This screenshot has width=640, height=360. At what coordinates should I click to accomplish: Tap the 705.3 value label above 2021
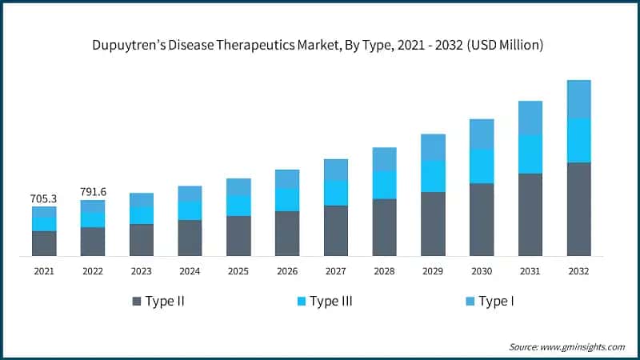pos(44,198)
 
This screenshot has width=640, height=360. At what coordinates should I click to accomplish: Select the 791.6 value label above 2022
pos(93,191)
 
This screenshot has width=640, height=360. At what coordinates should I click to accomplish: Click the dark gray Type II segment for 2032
pos(578,209)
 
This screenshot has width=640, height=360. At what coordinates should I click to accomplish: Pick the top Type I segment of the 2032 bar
pos(578,99)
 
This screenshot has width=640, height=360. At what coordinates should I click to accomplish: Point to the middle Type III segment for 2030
pos(482,166)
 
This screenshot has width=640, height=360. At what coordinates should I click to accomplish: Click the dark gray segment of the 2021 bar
pos(44,243)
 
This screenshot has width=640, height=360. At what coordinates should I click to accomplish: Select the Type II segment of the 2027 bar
pos(336,230)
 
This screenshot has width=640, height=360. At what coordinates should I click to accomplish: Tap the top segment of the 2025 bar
pos(238,187)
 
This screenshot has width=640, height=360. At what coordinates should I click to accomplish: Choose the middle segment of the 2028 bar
pos(384,185)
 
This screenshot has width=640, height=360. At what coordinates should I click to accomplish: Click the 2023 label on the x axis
pos(142,271)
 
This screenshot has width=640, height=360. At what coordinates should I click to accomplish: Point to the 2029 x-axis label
pos(433,271)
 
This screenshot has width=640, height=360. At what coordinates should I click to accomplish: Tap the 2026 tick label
pos(287,271)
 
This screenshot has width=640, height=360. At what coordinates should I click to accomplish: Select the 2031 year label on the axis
pos(530,271)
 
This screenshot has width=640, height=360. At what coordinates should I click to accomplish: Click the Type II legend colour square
pos(137,302)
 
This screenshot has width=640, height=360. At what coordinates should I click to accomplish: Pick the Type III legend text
pos(331,302)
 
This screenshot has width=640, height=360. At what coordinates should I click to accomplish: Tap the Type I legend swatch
pos(469,302)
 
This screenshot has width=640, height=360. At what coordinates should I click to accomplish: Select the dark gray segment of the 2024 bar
pos(190,238)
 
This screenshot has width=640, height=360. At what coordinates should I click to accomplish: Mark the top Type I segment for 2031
pos(530,118)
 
